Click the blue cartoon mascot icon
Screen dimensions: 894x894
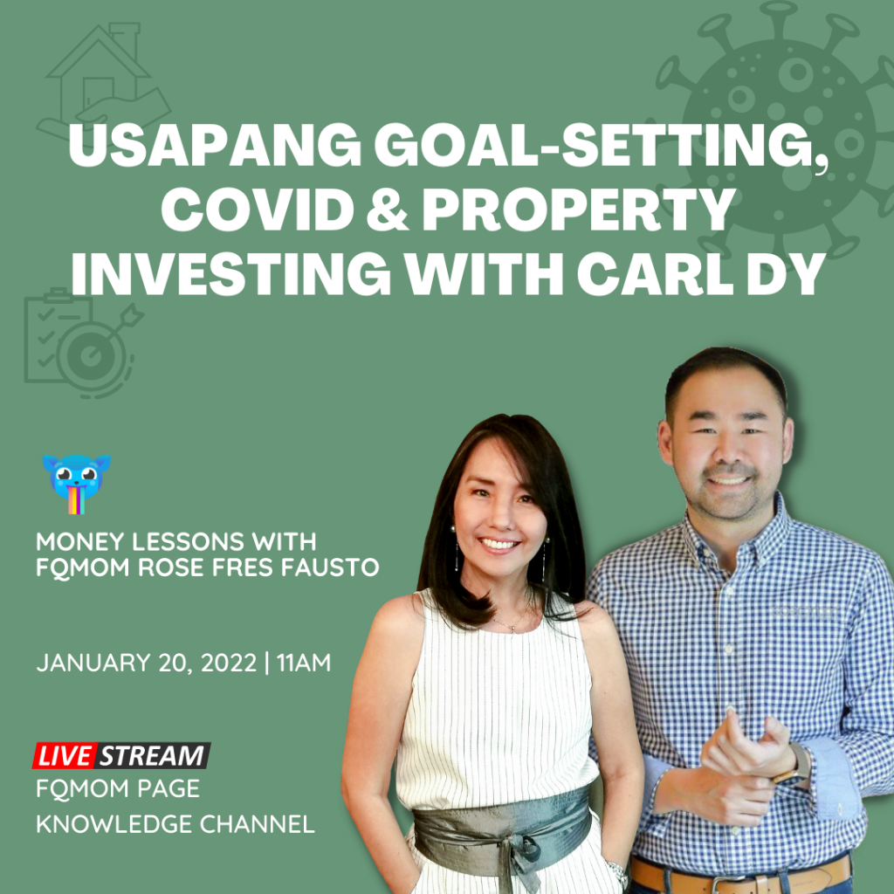pyautogui.click(x=77, y=484)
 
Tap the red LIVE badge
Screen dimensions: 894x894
pyautogui.click(x=64, y=755)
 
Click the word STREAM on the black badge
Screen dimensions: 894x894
pyautogui.click(x=152, y=755)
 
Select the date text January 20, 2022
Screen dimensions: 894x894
pyautogui.click(x=147, y=664)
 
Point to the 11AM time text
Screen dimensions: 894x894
pyautogui.click(x=304, y=663)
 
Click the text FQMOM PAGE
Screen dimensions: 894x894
pyautogui.click(x=118, y=788)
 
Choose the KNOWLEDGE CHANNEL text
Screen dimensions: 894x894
pyautogui.click(x=175, y=824)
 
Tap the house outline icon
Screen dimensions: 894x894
pyautogui.click(x=103, y=79)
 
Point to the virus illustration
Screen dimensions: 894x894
pyautogui.click(x=775, y=131)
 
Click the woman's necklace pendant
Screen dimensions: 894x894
pyautogui.click(x=512, y=629)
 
